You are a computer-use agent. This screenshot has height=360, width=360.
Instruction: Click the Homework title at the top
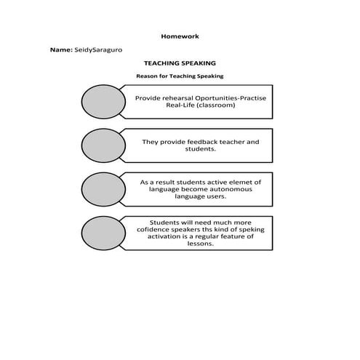(x=179, y=36)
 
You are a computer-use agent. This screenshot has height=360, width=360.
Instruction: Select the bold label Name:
(x=61, y=51)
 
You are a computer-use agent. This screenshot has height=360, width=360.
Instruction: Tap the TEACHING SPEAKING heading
(x=180, y=64)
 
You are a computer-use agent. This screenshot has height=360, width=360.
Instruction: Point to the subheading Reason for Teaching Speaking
(x=180, y=76)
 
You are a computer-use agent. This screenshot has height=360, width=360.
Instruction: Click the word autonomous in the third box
(x=227, y=188)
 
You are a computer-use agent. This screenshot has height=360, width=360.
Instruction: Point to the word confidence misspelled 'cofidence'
(x=158, y=229)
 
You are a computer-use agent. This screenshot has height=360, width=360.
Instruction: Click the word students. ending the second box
(x=200, y=149)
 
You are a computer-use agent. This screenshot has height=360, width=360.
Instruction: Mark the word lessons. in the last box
(x=200, y=244)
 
